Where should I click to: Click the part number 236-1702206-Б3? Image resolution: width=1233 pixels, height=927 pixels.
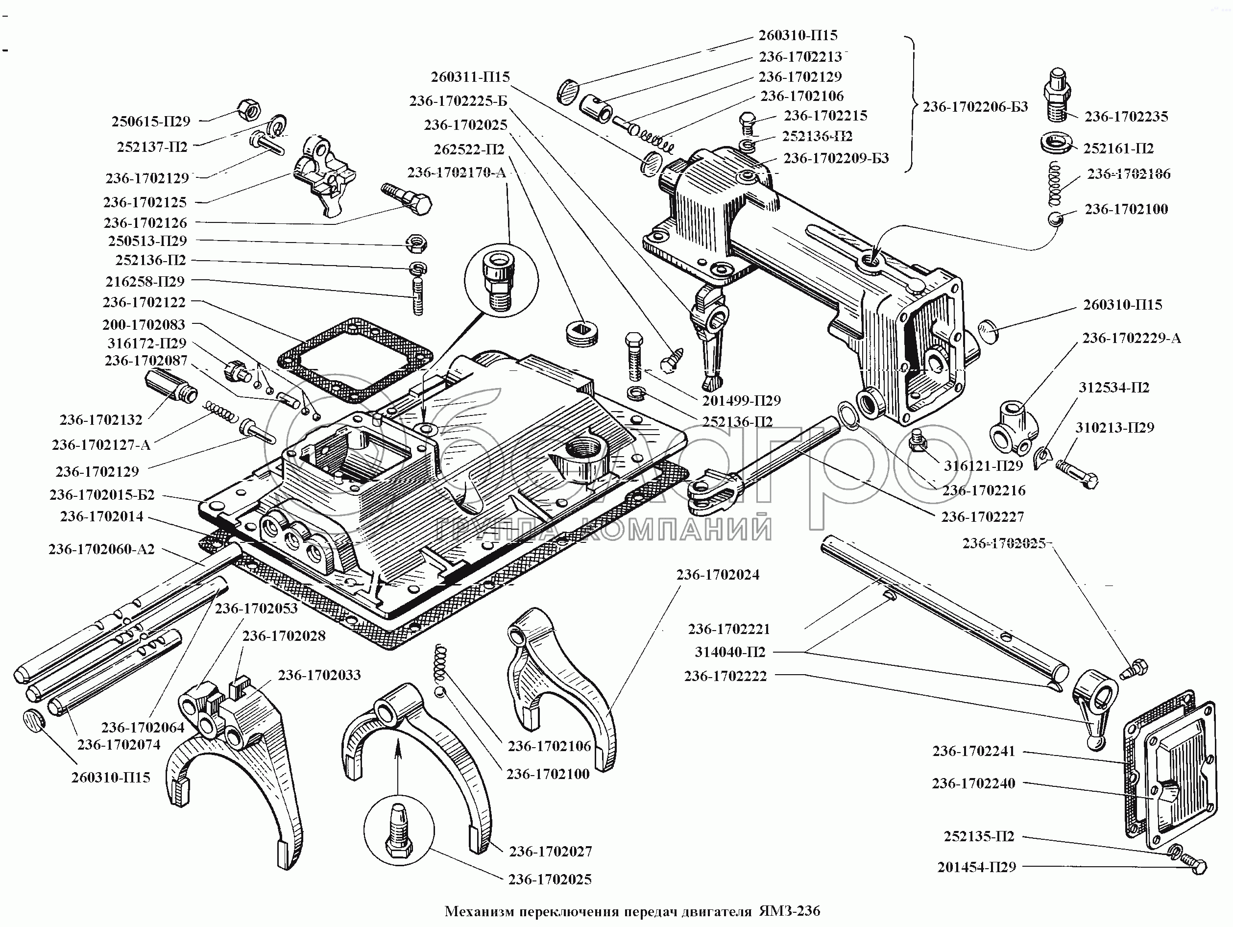click(975, 106)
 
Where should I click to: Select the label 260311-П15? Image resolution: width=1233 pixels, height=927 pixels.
click(470, 77)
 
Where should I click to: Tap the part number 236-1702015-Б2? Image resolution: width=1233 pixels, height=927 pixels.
click(102, 495)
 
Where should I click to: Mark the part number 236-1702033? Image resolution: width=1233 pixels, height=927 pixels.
click(319, 675)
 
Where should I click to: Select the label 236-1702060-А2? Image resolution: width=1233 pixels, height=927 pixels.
click(101, 549)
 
